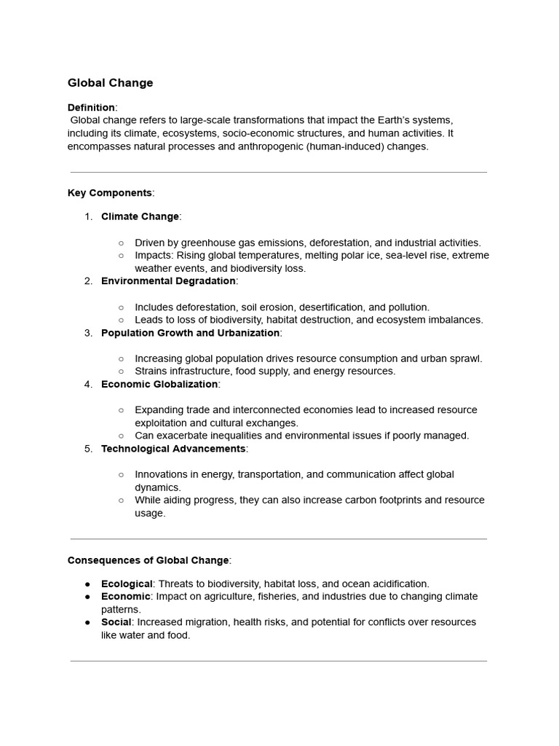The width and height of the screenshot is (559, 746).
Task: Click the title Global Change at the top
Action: click(110, 83)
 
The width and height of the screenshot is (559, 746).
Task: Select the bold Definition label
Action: click(91, 107)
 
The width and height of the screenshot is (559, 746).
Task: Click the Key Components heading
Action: click(110, 193)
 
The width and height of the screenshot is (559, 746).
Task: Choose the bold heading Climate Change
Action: click(140, 216)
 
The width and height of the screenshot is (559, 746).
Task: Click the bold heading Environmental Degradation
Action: click(168, 281)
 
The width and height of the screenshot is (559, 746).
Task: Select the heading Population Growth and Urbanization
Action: click(190, 333)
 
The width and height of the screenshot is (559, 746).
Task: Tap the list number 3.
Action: click(87, 333)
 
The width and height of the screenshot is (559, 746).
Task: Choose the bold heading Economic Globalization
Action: click(159, 384)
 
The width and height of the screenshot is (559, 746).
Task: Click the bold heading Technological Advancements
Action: click(173, 449)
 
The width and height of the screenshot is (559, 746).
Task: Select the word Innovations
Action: click(161, 474)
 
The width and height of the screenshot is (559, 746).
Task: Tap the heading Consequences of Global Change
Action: click(148, 560)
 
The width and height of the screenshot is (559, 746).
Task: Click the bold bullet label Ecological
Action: click(127, 584)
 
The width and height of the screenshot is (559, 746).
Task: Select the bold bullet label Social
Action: click(116, 622)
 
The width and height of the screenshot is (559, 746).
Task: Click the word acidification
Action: click(400, 584)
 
